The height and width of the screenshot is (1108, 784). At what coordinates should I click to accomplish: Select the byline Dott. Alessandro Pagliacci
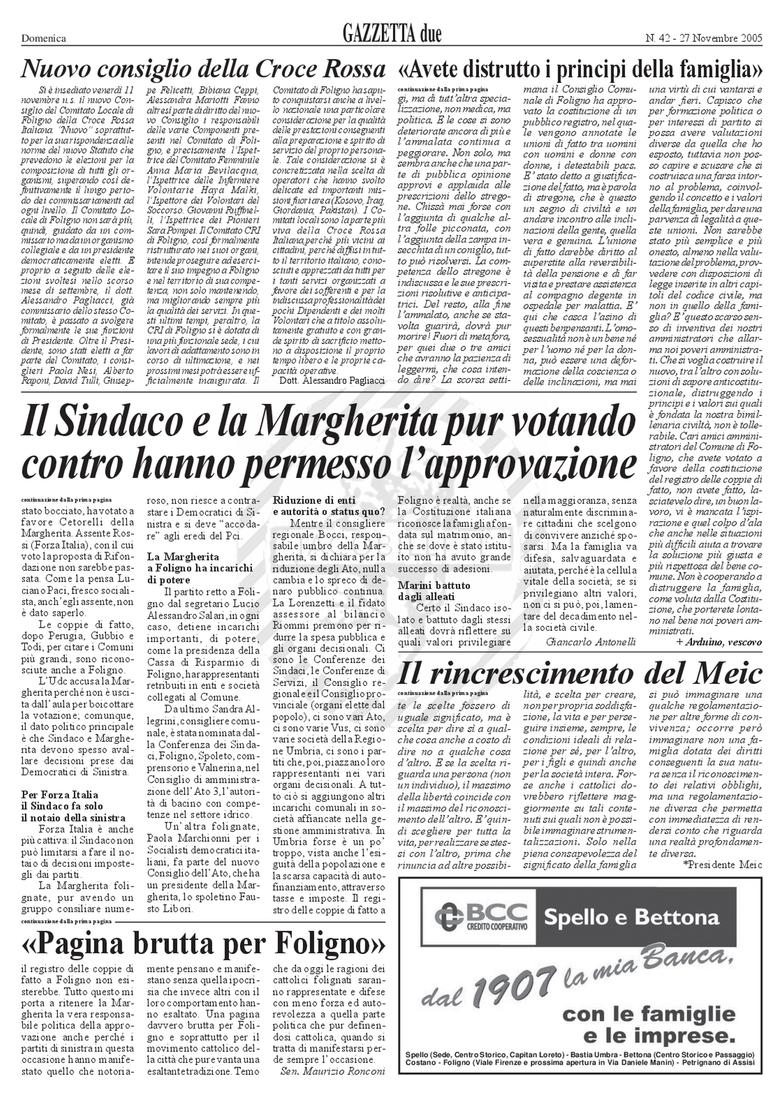(x=332, y=380)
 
